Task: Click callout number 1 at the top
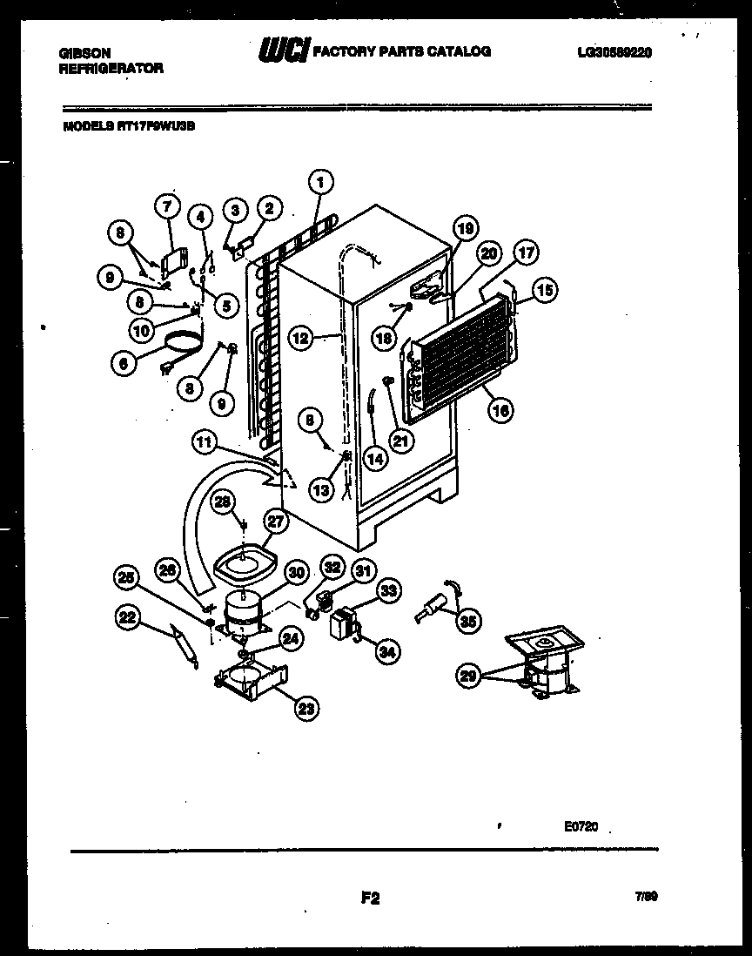pos(320,182)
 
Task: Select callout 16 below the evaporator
pos(500,410)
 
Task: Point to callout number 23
pos(305,709)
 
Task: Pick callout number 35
pos(468,621)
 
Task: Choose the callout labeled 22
pos(129,617)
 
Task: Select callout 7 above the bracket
pos(168,205)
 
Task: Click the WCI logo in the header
pos(282,53)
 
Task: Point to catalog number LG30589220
pos(614,52)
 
